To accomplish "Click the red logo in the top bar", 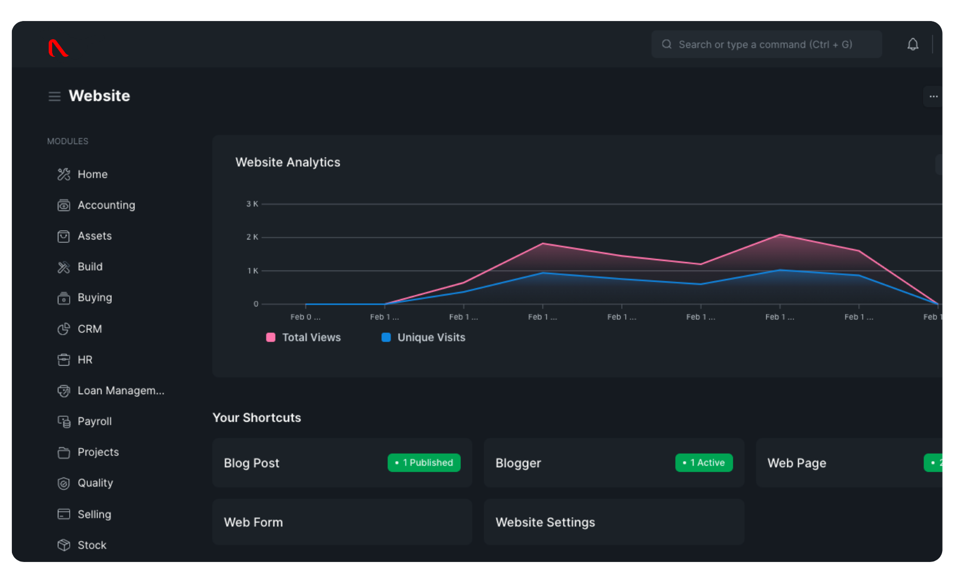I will [x=58, y=48].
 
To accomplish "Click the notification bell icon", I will [x=913, y=44].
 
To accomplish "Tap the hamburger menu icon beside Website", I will [x=54, y=96].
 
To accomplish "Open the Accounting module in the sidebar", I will [x=106, y=205].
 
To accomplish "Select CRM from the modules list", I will [x=90, y=329].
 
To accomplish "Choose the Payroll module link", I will [x=94, y=421].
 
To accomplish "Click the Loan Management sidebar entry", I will [x=120, y=391].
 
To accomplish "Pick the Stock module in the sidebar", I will [x=92, y=545].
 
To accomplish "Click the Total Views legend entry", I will [x=304, y=337].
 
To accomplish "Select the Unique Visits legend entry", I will [x=424, y=337].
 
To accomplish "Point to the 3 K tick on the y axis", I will [x=252, y=204].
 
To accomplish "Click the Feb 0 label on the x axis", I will [x=305, y=317].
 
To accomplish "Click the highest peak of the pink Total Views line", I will [x=780, y=234].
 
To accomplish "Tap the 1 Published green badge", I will [x=424, y=463].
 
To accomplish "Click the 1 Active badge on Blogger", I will [x=703, y=463].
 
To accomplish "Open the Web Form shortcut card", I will [x=342, y=522].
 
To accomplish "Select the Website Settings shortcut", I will [x=613, y=522].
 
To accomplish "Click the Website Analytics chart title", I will [x=288, y=162].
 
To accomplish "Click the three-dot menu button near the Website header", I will [x=933, y=96].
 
